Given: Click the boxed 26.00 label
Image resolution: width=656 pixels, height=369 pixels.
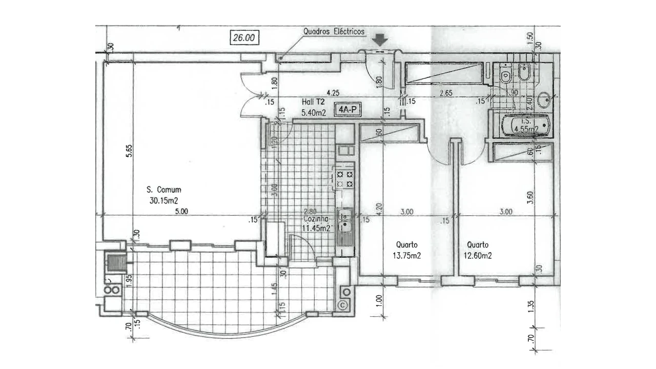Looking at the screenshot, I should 243,37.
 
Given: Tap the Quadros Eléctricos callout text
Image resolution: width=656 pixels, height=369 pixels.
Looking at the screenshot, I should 334,32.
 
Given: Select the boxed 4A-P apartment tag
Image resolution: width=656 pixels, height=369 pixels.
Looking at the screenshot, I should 345,109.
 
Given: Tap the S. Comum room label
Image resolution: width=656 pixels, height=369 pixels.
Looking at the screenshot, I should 163,190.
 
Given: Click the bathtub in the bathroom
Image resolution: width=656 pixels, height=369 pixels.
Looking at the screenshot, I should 525,126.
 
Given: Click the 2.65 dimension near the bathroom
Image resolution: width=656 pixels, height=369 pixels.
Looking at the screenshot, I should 446,93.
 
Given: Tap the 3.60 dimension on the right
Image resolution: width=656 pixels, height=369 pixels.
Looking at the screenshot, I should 530,197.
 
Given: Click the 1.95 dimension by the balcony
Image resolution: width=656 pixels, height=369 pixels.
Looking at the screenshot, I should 129,279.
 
